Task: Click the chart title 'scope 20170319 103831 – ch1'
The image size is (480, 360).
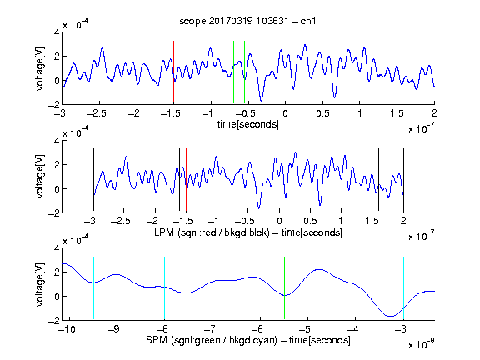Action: click(x=247, y=21)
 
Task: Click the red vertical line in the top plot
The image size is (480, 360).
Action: click(x=173, y=72)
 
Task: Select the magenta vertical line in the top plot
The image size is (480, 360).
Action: click(x=397, y=72)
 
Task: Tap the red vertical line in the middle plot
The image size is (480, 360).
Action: click(x=186, y=180)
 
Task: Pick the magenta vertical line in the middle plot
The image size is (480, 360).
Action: click(x=372, y=180)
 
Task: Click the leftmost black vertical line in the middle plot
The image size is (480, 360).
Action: click(x=93, y=180)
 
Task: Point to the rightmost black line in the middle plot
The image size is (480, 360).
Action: click(x=403, y=180)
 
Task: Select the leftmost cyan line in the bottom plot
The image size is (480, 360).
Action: click(x=93, y=288)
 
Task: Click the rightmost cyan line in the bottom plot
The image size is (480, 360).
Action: click(x=403, y=288)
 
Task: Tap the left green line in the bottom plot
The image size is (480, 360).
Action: click(x=212, y=288)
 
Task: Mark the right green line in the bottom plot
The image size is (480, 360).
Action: click(x=284, y=288)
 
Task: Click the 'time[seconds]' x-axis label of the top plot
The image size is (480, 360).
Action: click(x=248, y=124)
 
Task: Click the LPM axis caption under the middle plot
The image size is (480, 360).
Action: click(x=248, y=232)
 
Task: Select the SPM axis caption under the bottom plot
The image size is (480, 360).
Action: click(x=248, y=340)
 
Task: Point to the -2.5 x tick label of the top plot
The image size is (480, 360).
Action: click(x=96, y=113)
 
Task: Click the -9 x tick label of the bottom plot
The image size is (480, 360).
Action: click(x=115, y=329)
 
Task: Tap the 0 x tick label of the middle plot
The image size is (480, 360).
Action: click(x=279, y=221)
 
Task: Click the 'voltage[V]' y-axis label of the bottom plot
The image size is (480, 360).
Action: click(x=40, y=284)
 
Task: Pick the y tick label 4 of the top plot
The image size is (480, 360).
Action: click(x=57, y=32)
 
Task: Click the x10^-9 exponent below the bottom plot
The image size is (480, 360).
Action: click(x=421, y=344)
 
